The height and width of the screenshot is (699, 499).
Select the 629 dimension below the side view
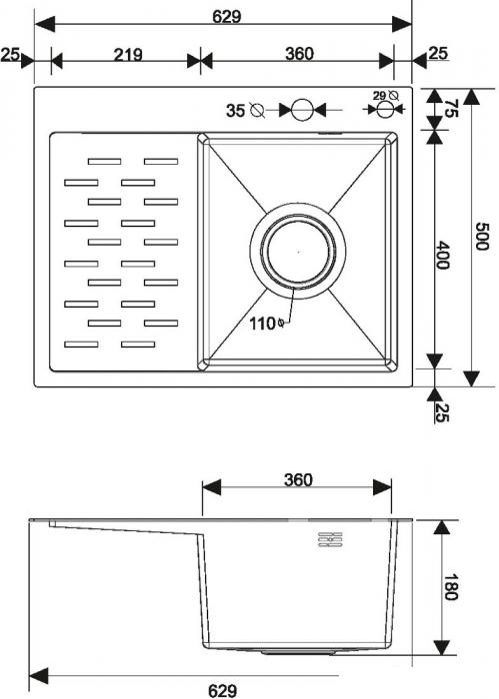click(223, 689)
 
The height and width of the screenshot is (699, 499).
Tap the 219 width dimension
click(126, 54)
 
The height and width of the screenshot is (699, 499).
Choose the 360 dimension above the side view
click(297, 479)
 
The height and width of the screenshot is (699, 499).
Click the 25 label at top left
click(11, 54)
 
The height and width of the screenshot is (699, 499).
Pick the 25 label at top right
click(437, 54)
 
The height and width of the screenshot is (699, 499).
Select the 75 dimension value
click(451, 109)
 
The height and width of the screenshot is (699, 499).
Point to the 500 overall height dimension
click(482, 237)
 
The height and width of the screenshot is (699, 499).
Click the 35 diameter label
click(236, 110)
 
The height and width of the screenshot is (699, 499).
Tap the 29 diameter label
click(380, 96)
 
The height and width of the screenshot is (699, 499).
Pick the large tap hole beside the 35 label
click(303, 110)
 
